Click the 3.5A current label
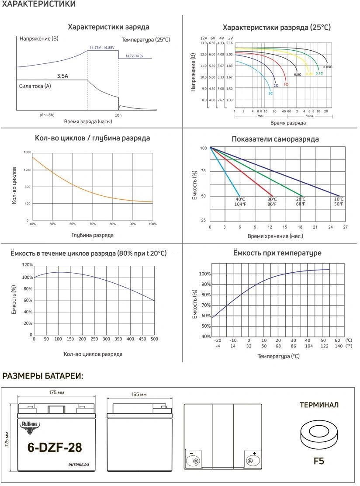point(62,76)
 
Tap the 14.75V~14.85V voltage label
point(102,47)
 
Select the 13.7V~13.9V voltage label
point(134,56)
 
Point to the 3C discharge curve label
point(270,93)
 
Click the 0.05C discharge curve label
point(328,67)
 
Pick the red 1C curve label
point(286,84)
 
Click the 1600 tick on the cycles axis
point(27,152)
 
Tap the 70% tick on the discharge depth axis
point(93,224)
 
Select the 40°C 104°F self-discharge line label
point(240,201)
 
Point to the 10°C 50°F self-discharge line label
point(339,201)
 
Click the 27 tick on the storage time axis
point(345,227)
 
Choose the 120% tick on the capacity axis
point(27,265)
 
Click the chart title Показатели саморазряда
point(275,139)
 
